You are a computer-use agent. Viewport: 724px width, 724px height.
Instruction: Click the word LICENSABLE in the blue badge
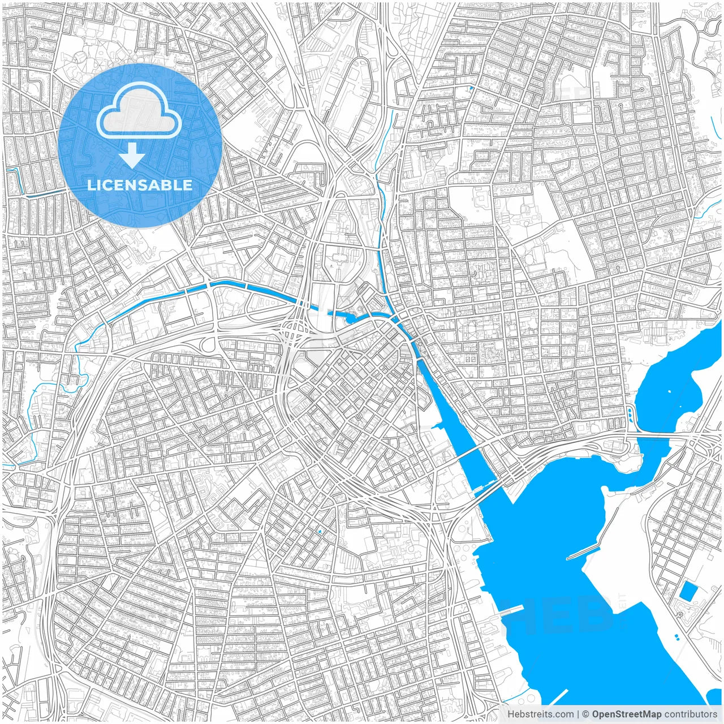[x=140, y=185]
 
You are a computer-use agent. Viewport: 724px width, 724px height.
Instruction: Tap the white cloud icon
[x=139, y=111]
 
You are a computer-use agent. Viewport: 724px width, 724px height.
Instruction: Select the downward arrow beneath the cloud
[x=132, y=155]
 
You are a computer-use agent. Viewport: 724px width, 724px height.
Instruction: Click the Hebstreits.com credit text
[x=540, y=714]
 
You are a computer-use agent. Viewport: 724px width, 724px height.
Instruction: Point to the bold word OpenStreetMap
[x=627, y=714]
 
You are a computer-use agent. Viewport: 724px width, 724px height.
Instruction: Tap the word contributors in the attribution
[x=691, y=714]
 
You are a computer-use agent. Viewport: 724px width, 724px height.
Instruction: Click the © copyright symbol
[x=586, y=714]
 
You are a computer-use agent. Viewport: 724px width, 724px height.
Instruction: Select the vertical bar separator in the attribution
[x=578, y=714]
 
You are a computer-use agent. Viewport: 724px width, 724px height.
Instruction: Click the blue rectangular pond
[x=688, y=591]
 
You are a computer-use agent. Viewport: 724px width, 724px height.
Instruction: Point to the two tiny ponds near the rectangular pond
[x=676, y=637]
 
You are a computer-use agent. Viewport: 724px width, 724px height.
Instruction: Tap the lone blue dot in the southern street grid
[x=320, y=532]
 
